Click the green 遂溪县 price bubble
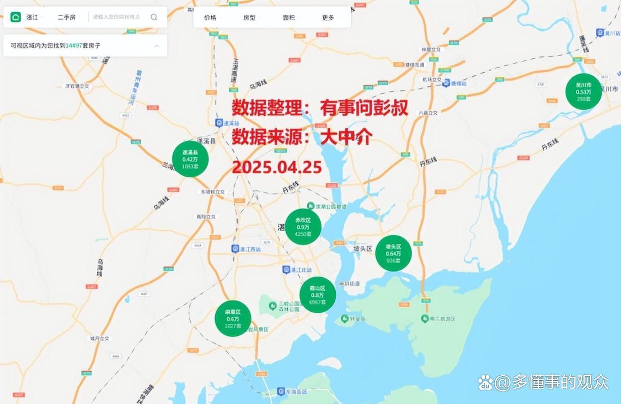190,159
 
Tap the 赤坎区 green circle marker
303,227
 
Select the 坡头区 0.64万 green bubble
393,253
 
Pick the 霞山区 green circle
318,295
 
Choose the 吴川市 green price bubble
584,91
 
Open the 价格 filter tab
210,18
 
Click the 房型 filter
249,18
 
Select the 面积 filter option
289,18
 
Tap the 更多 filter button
328,18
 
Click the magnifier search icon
154,17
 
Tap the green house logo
16,17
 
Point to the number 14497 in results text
73,45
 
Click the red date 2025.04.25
277,167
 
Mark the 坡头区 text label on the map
362,248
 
